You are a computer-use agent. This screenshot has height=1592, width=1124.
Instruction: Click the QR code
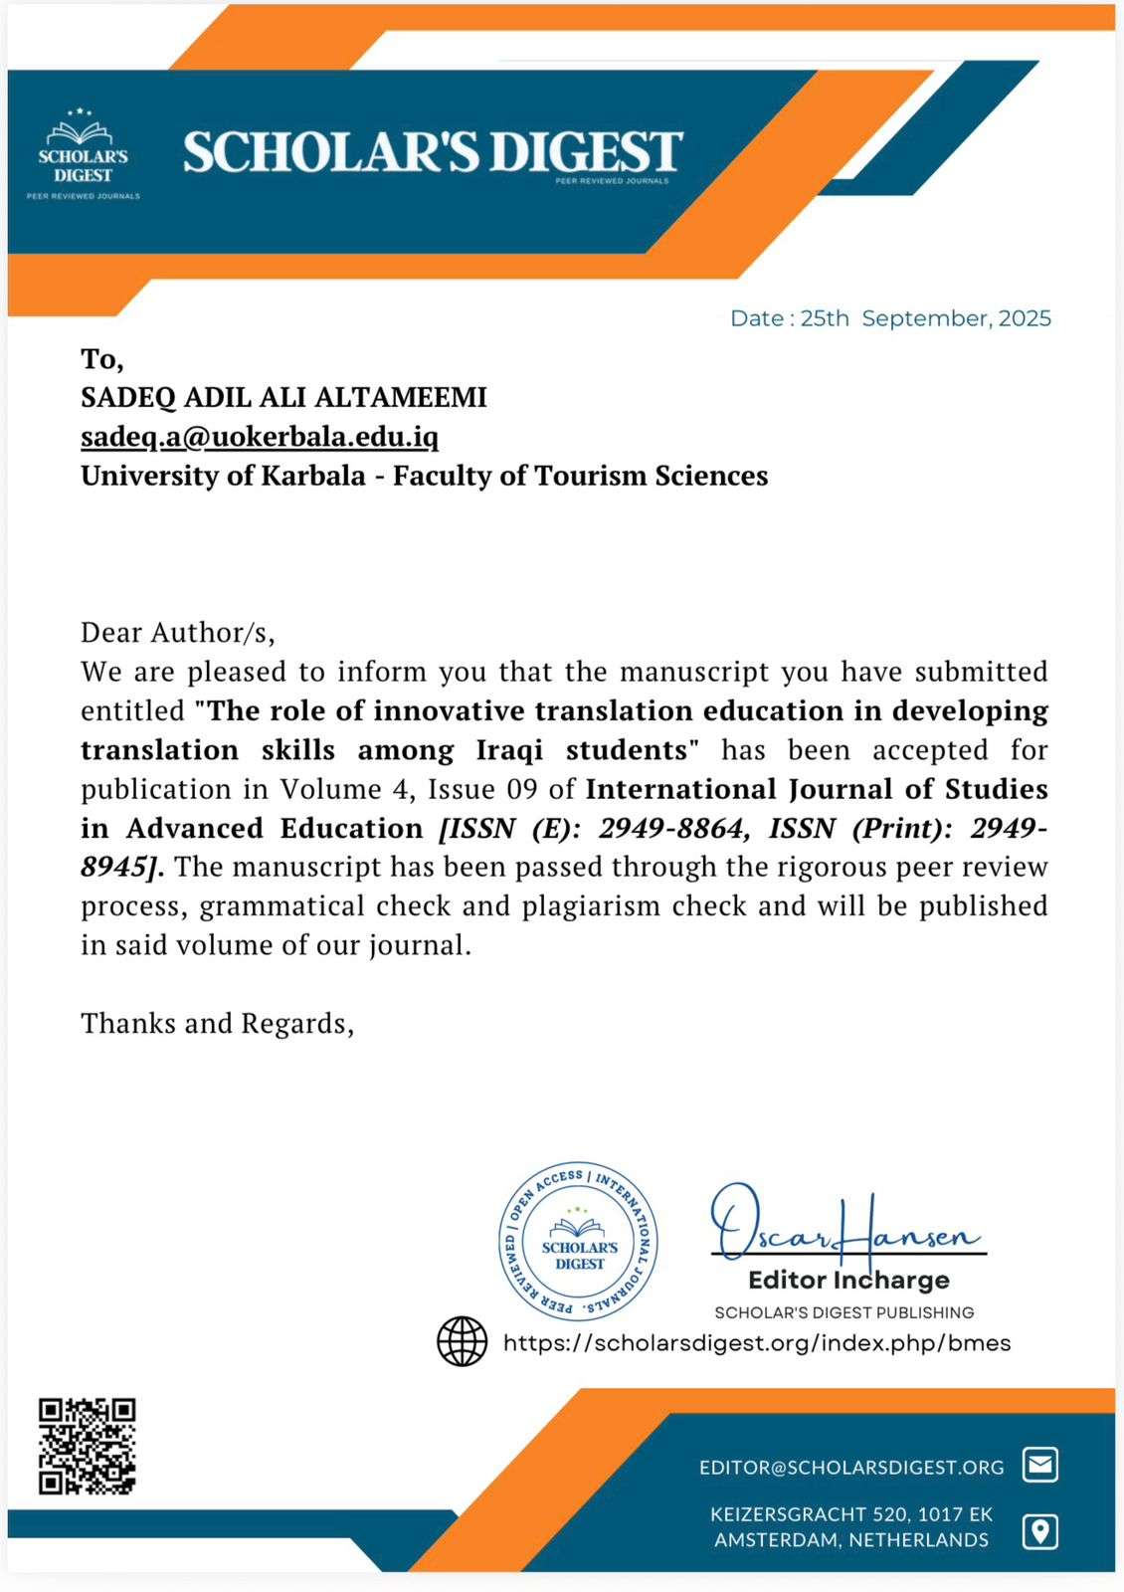point(88,1446)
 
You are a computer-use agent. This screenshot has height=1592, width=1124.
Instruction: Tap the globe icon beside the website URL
point(463,1341)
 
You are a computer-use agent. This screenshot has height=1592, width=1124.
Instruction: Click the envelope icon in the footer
point(1040,1465)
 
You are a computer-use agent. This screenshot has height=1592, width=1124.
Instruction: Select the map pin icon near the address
point(1040,1531)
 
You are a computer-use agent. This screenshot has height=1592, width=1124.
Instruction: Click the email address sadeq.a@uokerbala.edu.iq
point(260,437)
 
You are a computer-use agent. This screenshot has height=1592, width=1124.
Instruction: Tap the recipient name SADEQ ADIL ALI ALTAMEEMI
point(283,397)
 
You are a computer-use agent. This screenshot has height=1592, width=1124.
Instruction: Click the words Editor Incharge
point(848,1280)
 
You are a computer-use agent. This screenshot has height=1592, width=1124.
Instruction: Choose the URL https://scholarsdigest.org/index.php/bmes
point(757,1342)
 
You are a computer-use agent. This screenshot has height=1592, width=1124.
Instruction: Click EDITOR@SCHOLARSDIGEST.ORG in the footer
point(851,1467)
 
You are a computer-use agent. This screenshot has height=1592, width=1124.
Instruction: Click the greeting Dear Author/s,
point(178,632)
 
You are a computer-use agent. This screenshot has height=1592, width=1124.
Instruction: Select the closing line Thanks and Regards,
point(217,1023)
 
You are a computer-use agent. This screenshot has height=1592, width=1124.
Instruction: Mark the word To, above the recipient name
point(102,358)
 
